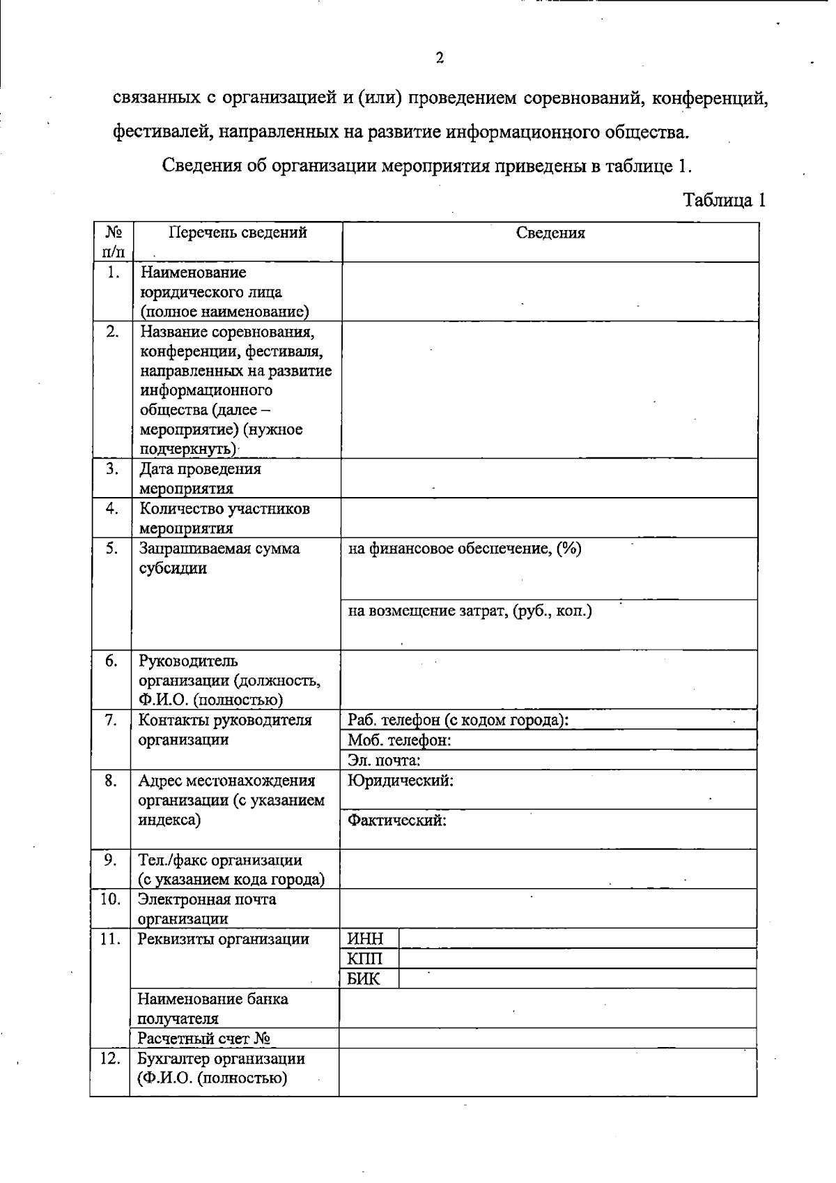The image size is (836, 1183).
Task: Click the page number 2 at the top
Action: [x=440, y=58]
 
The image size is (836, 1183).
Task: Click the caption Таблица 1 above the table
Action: [x=724, y=200]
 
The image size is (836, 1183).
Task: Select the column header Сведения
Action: [x=550, y=233]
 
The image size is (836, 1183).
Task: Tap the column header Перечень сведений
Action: [x=238, y=233]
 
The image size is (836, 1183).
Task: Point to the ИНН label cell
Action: [x=365, y=938]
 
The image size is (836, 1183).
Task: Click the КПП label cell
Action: [x=365, y=959]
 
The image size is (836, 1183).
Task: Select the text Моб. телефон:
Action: [x=399, y=740]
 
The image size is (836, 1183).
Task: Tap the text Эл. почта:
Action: [x=384, y=760]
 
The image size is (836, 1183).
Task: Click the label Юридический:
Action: [x=401, y=781]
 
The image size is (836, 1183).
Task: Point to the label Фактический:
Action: [x=397, y=821]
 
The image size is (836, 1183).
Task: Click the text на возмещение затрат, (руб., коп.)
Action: [x=470, y=611]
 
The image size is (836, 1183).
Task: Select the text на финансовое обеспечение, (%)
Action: [x=465, y=549]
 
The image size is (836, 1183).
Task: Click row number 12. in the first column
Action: [x=109, y=1058]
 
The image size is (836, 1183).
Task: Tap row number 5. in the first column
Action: [x=112, y=548]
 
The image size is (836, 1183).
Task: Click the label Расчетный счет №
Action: [x=203, y=1039]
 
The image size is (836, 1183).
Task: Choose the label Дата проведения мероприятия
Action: [x=200, y=478]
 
